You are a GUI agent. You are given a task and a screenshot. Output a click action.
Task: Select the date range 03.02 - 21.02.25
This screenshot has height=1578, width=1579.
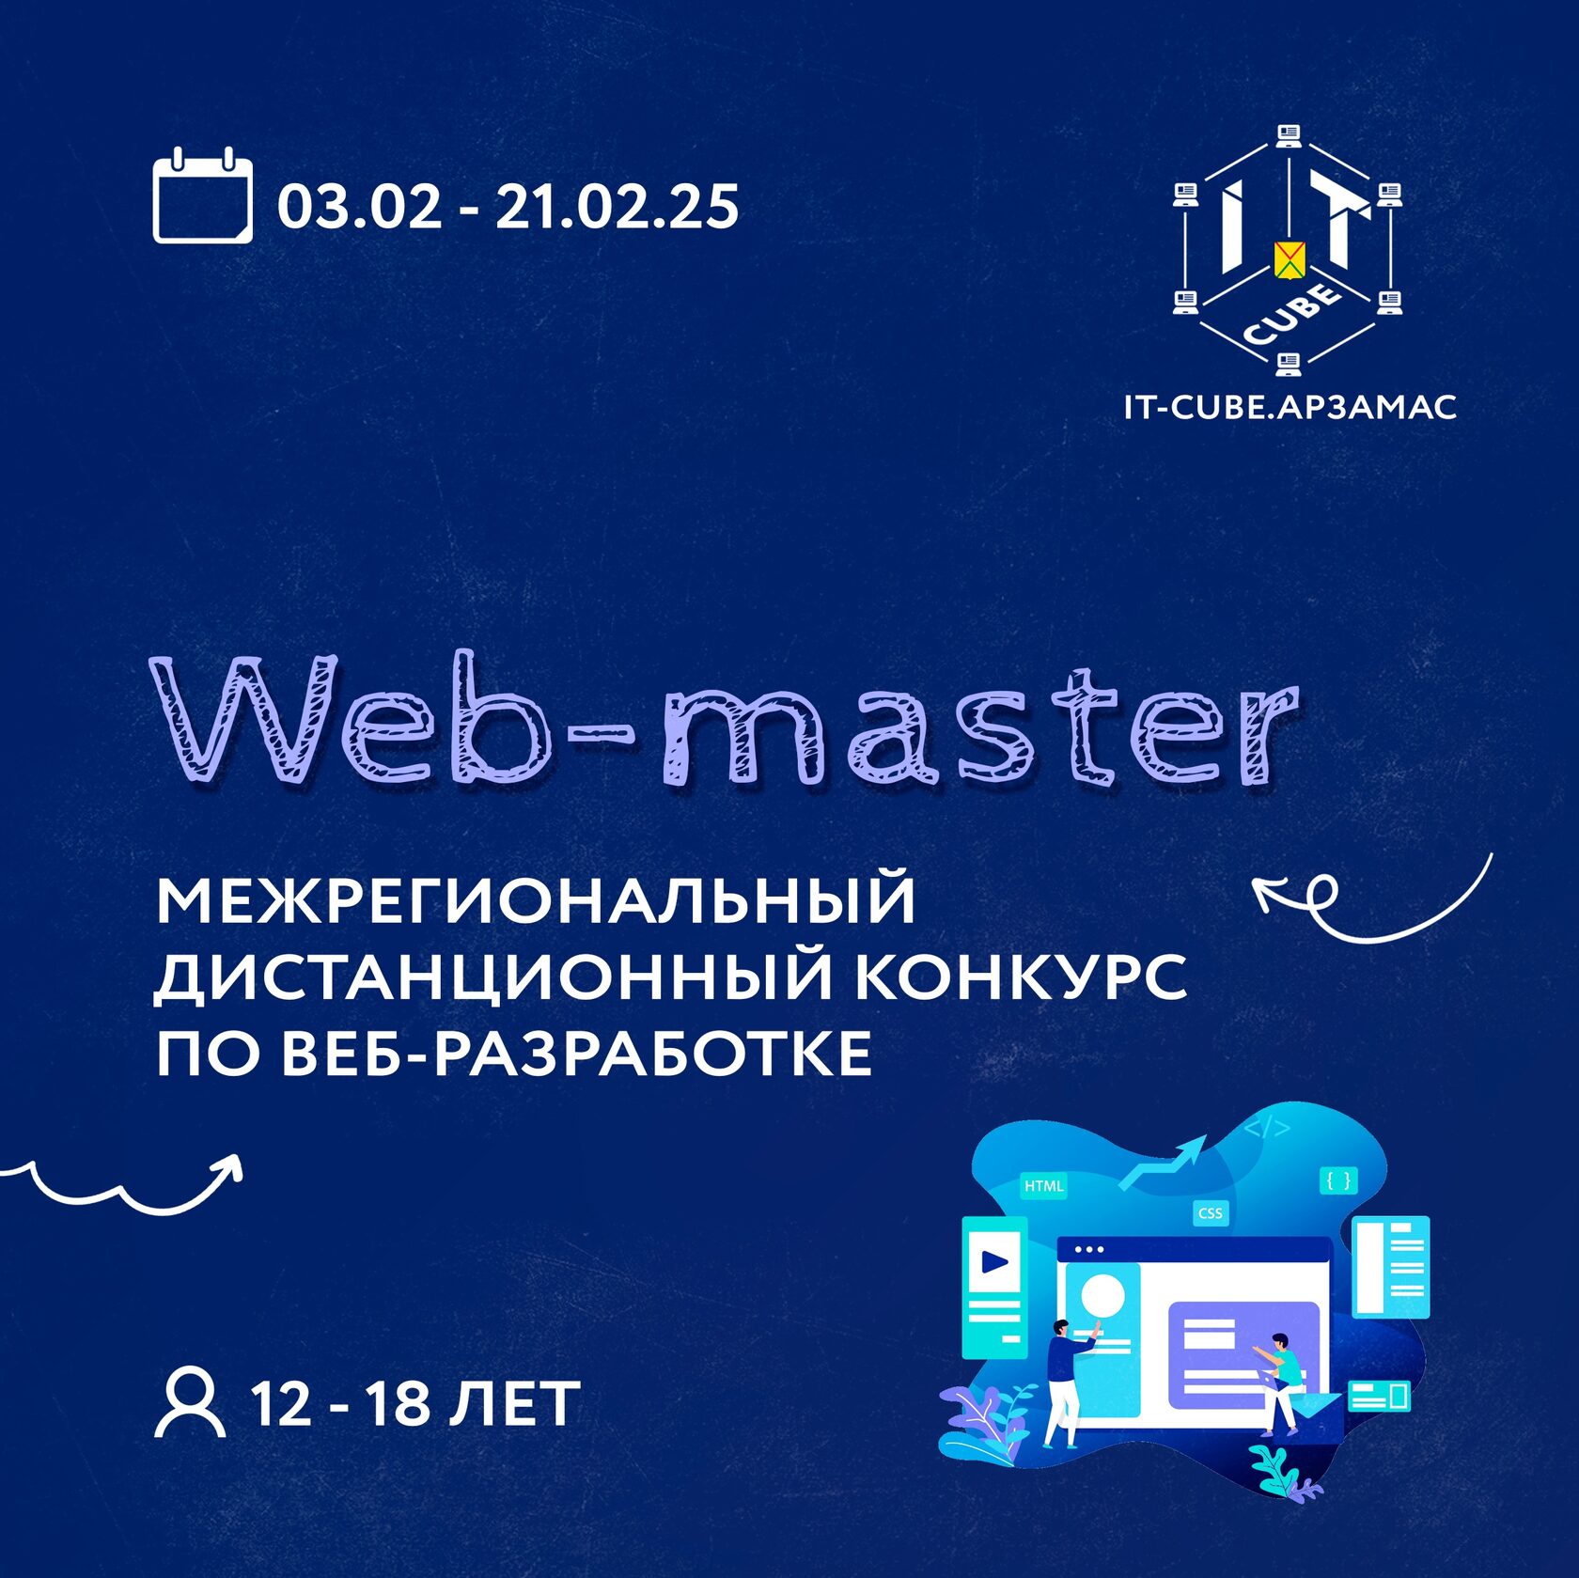click(508, 207)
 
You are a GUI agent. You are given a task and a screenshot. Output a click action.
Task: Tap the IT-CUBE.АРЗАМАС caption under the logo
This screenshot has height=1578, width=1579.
click(1290, 407)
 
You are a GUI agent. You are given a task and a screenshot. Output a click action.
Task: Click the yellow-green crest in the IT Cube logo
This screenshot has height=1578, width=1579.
click(1289, 260)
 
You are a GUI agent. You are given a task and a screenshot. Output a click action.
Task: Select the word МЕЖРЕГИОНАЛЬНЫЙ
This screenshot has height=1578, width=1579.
click(536, 900)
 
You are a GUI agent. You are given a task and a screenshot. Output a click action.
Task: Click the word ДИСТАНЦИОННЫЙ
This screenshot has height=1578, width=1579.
click(494, 978)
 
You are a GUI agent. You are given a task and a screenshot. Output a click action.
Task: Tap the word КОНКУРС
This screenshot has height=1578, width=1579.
click(1023, 976)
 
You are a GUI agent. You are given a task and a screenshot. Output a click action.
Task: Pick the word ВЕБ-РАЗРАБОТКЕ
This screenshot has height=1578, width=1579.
click(577, 1054)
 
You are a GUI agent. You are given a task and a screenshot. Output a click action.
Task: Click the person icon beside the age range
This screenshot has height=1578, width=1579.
click(190, 1403)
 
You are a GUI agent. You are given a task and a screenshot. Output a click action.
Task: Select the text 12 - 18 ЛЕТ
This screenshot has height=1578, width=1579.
click(415, 1404)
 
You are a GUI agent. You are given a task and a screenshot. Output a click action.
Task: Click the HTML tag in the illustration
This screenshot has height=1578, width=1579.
click(1043, 1186)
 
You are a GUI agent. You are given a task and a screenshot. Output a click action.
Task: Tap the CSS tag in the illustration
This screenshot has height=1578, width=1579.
click(1211, 1213)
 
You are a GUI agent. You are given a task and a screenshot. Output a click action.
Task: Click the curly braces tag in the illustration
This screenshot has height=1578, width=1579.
click(1339, 1180)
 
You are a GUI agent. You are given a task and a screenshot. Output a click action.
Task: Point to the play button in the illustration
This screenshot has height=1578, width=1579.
click(995, 1261)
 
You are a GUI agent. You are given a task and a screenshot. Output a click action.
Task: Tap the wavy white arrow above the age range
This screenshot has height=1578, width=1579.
click(122, 1186)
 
